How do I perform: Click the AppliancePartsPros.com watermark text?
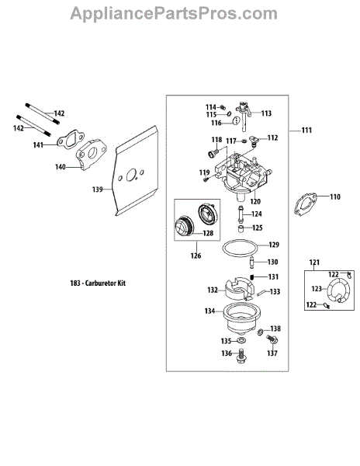(174, 14)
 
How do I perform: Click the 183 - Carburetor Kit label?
(98, 283)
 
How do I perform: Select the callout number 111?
(306, 130)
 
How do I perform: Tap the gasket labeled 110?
(305, 203)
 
